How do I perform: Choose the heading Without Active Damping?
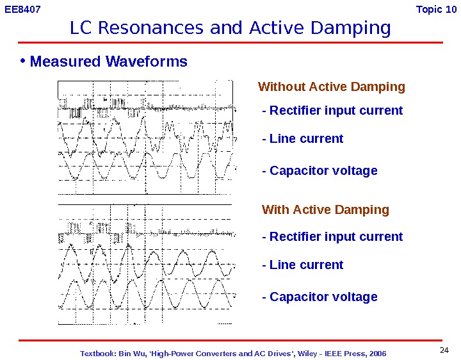[x=331, y=87]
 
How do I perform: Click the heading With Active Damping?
[x=325, y=210]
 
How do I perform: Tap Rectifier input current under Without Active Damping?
[x=332, y=111]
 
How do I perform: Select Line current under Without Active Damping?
[x=303, y=139]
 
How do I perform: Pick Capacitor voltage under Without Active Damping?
[x=319, y=171]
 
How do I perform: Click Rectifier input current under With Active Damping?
[x=332, y=237]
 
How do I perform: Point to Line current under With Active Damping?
[x=303, y=265]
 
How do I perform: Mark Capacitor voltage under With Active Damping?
[x=319, y=297]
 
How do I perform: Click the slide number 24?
[x=445, y=350]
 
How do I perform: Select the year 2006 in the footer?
[x=376, y=354]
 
